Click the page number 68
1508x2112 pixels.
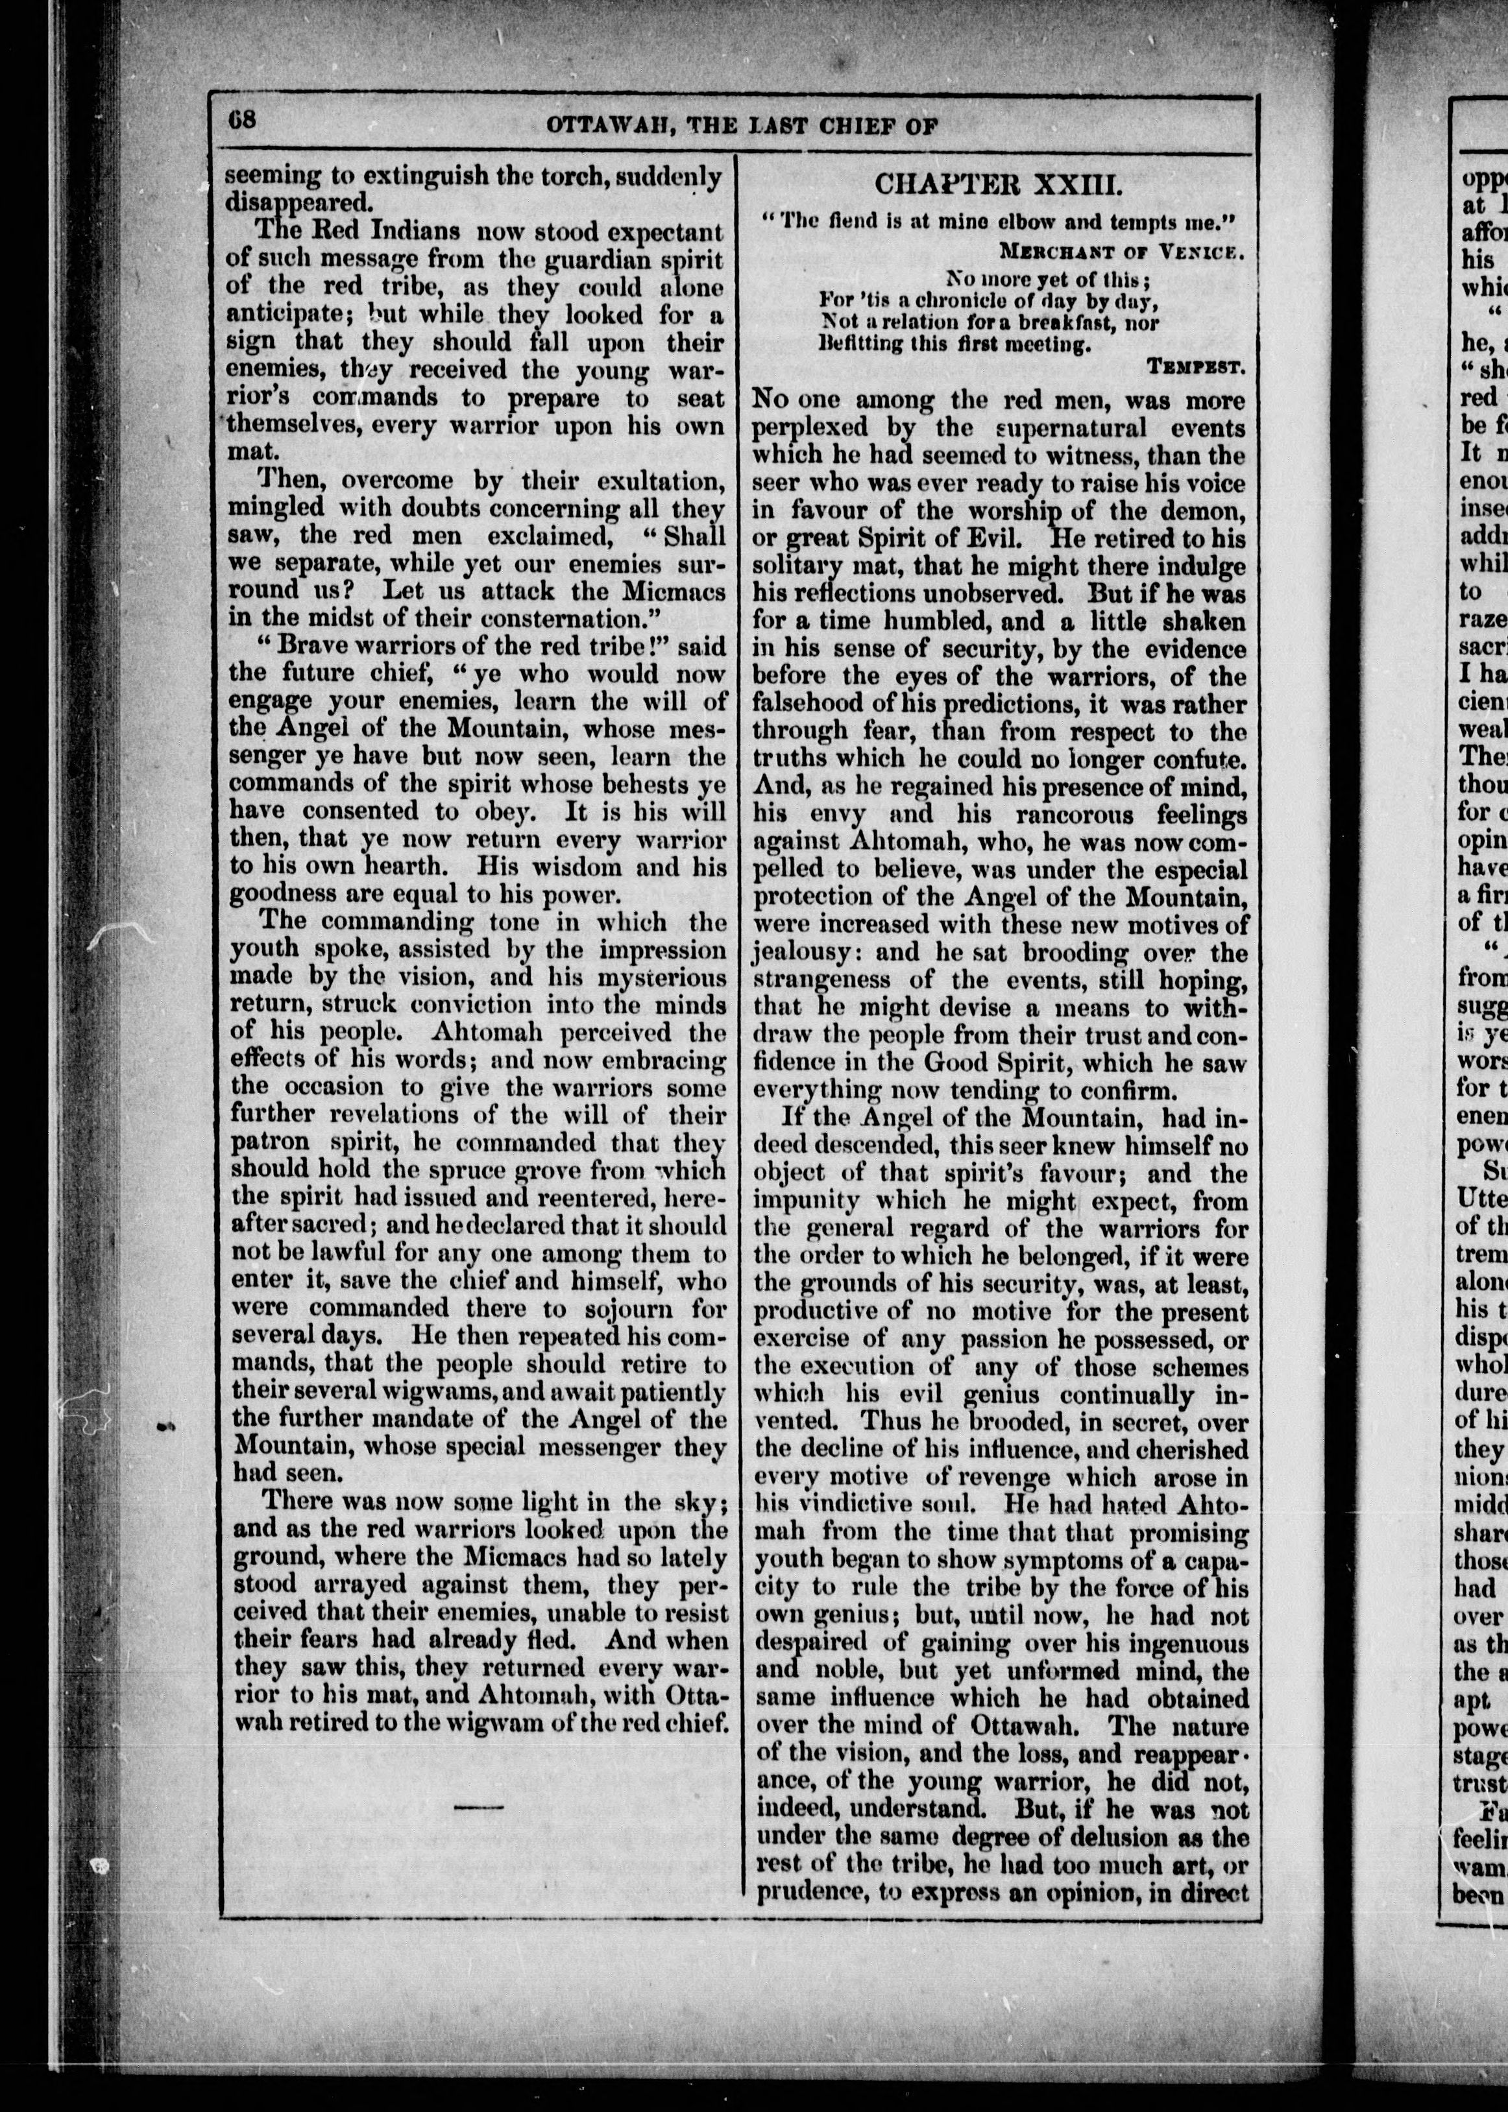tap(243, 121)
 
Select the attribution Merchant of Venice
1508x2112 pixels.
tap(1120, 250)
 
